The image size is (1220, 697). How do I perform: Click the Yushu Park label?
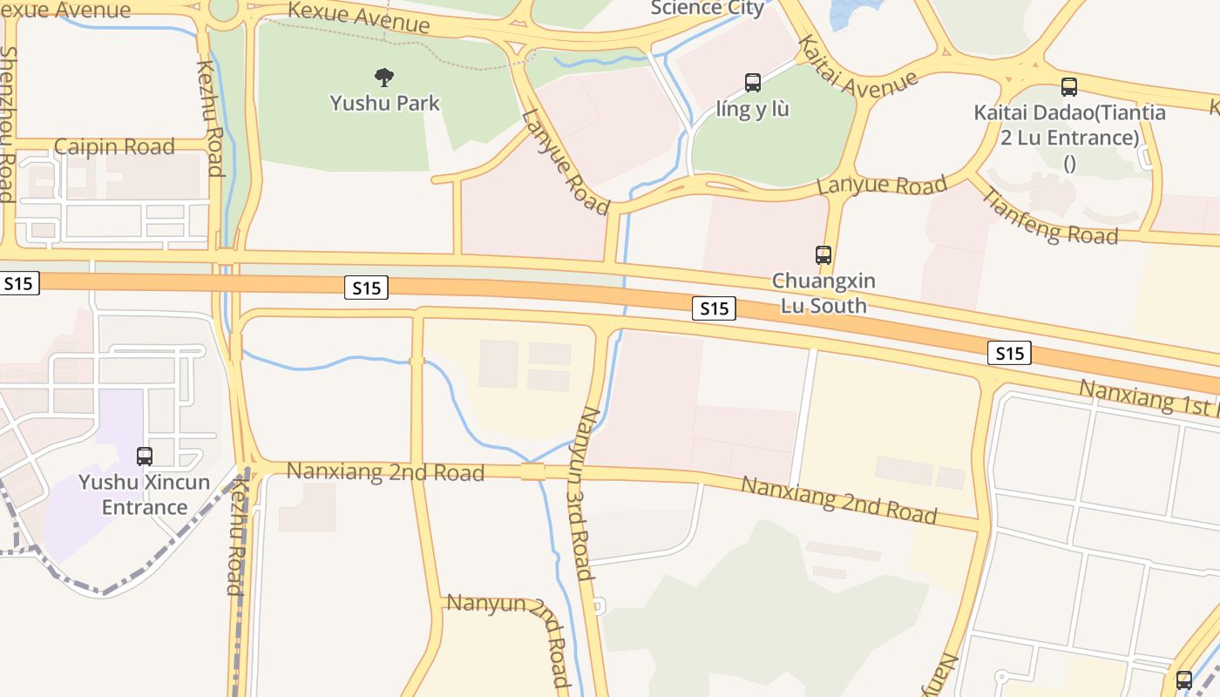pyautogui.click(x=384, y=103)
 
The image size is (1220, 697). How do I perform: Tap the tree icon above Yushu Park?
pyautogui.click(x=383, y=78)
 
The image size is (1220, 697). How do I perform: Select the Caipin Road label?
pyautogui.click(x=114, y=146)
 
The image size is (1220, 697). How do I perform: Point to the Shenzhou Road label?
pyautogui.click(x=8, y=122)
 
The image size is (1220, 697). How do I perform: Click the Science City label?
pyautogui.click(x=708, y=9)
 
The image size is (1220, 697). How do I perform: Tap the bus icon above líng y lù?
pyautogui.click(x=753, y=83)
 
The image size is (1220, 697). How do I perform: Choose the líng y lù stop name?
pyautogui.click(x=752, y=110)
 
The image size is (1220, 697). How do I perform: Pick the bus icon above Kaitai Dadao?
pyautogui.click(x=1069, y=87)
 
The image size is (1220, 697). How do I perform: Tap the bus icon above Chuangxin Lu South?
pyautogui.click(x=823, y=255)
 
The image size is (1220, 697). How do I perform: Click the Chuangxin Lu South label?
pyautogui.click(x=823, y=294)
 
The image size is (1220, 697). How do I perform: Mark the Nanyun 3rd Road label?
pyautogui.click(x=580, y=493)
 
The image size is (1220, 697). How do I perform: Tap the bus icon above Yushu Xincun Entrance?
pyautogui.click(x=145, y=456)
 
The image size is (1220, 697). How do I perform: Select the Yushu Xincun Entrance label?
pyautogui.click(x=145, y=495)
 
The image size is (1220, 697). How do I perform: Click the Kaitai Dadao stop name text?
pyautogui.click(x=1069, y=125)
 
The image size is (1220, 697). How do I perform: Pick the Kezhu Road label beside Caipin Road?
pyautogui.click(x=210, y=118)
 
